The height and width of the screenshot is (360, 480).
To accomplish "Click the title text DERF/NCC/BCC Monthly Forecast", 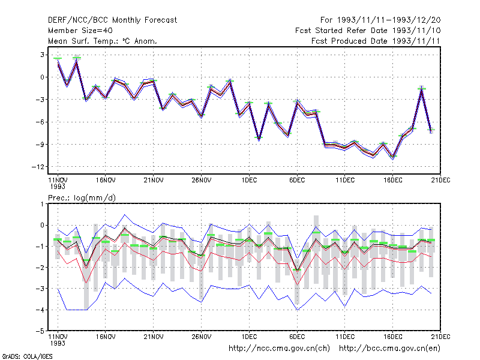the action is [112, 20].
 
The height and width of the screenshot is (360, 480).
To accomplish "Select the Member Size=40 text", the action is [80, 31].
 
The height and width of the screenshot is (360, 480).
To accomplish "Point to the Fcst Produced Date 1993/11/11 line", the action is [376, 41].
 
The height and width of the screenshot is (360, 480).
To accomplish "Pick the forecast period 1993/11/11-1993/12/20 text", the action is [380, 20].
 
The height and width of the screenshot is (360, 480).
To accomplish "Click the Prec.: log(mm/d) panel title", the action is [82, 198].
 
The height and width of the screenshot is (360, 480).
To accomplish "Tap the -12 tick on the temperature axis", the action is [38, 167].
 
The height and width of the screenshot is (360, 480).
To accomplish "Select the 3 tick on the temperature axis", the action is [42, 55].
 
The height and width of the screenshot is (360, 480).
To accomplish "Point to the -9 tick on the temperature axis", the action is [40, 145].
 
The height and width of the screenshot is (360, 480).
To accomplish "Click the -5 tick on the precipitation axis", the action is [40, 331].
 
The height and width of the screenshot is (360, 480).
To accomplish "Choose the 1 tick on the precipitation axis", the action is [42, 204].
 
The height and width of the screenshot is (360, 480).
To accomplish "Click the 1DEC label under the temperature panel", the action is [249, 181].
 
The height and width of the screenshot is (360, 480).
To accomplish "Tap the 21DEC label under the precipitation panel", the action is [440, 337].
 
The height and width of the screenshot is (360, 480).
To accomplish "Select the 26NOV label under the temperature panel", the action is [202, 181].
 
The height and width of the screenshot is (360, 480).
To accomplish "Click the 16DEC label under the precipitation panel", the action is [393, 337].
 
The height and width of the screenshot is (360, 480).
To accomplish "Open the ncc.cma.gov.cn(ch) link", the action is [279, 349].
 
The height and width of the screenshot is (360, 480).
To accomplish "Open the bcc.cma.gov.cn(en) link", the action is [389, 349].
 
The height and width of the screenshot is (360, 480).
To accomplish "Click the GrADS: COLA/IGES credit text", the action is [27, 356].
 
